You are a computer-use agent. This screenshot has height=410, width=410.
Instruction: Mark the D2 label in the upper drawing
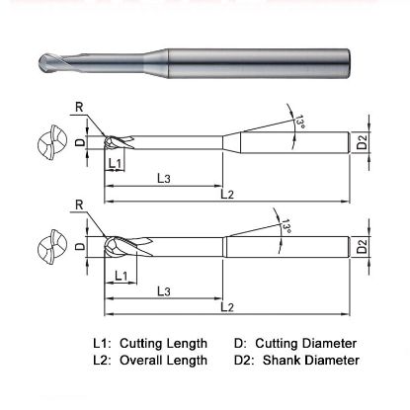pyautogui.click(x=363, y=143)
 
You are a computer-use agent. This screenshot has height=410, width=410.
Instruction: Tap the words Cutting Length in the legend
pyautogui.click(x=163, y=344)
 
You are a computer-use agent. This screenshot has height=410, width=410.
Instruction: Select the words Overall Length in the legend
pyautogui.click(x=163, y=361)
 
